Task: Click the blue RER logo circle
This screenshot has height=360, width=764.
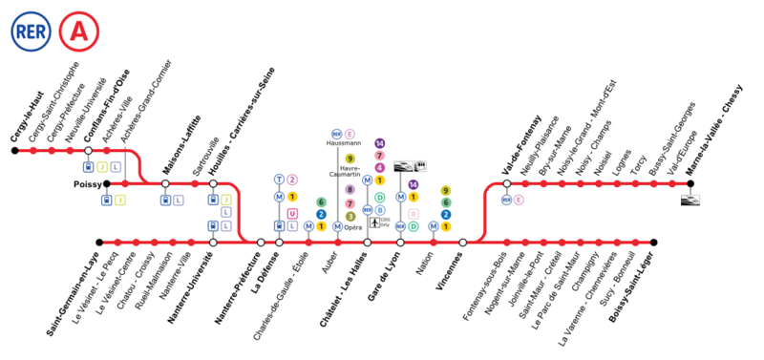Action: [x=29, y=32]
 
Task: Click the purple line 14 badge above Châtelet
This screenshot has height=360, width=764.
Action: [x=380, y=143]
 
